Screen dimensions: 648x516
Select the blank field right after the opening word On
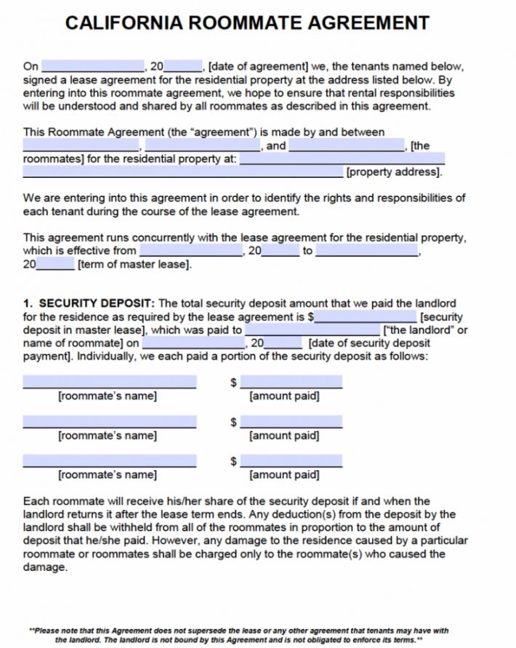click(x=93, y=66)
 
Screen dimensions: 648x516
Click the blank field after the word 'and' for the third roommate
click(x=347, y=145)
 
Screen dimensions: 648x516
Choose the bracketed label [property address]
click(x=394, y=172)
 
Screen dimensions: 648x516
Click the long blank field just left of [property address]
click(x=182, y=172)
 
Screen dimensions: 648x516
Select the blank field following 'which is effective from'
click(x=191, y=251)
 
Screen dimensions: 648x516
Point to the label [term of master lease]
click(x=135, y=264)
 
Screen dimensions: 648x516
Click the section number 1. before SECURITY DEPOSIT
click(x=28, y=303)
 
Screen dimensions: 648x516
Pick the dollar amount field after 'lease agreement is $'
click(x=366, y=317)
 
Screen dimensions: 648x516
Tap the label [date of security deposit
click(x=369, y=343)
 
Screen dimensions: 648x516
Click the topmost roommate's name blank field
click(x=109, y=382)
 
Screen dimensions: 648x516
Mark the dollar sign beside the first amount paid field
click(x=233, y=383)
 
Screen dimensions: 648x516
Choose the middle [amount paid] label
click(x=284, y=435)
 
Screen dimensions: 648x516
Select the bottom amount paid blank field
click(x=291, y=461)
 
